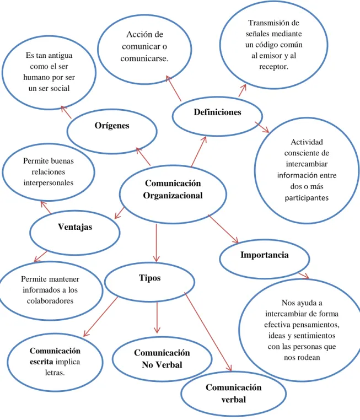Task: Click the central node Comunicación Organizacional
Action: pyautogui.click(x=173, y=189)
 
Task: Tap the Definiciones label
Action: pyautogui.click(x=218, y=112)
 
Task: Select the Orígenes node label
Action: pyautogui.click(x=112, y=125)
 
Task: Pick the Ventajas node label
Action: pyautogui.click(x=75, y=227)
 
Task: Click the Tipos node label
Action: pyautogui.click(x=150, y=278)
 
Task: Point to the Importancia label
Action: pyautogui.click(x=265, y=255)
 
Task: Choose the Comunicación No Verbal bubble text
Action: pyautogui.click(x=162, y=359)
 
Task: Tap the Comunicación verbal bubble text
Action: pyautogui.click(x=234, y=394)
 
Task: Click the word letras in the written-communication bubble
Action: pyautogui.click(x=55, y=373)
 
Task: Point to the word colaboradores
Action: pyautogui.click(x=50, y=301)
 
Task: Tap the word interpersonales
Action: pyautogui.click(x=49, y=183)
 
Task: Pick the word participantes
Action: pyautogui.click(x=307, y=198)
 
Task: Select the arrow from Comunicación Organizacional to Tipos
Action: pyautogui.click(x=157, y=243)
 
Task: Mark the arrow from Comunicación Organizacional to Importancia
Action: pyautogui.click(x=223, y=229)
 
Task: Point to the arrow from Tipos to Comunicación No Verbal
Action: pyautogui.click(x=157, y=317)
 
